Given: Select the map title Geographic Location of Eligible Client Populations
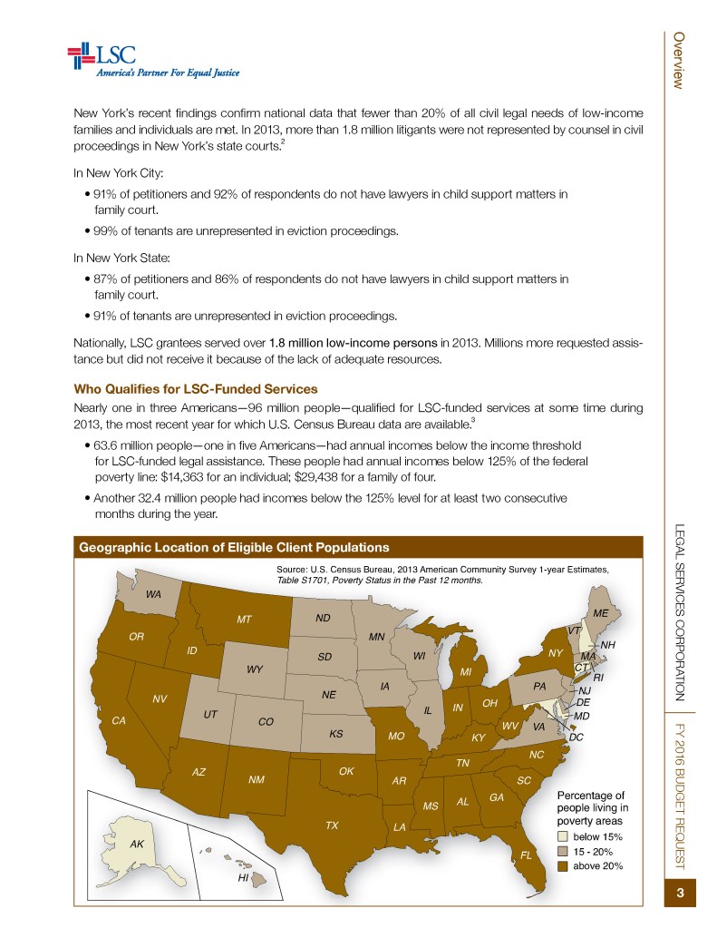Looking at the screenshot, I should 234,547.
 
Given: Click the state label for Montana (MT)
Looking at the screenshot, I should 243,620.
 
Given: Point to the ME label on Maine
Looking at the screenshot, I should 599,612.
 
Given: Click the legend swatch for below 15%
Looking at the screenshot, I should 563,836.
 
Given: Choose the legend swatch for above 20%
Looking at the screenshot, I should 563,866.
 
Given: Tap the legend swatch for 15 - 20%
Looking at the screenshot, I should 563,852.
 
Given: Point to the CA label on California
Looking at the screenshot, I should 118,720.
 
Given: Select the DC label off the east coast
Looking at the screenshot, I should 577,738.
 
